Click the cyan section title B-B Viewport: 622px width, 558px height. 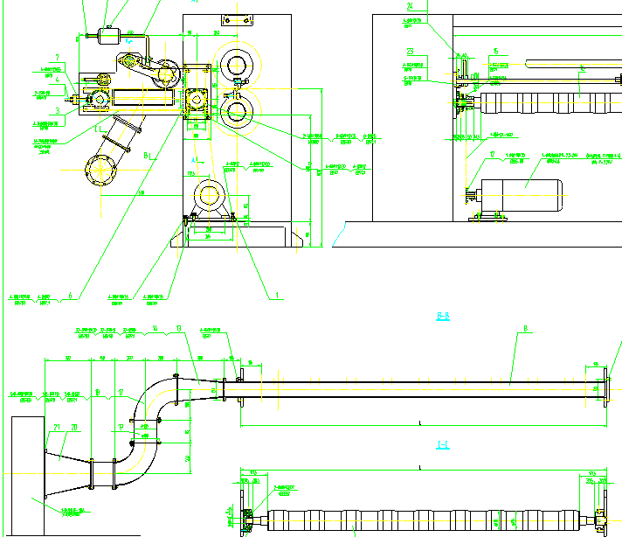point(443,317)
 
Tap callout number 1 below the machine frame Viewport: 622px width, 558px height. point(279,296)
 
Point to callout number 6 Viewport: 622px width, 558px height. point(70,296)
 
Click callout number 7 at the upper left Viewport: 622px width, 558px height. point(57,58)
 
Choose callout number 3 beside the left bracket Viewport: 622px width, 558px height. point(57,111)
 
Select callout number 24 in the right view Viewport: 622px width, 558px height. point(410,7)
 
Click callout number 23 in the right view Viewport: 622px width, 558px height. point(411,50)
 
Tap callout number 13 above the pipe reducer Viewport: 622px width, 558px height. point(178,329)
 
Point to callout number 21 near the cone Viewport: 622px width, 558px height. point(58,427)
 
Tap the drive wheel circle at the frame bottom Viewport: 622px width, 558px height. point(210,195)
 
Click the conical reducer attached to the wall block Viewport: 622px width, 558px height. point(68,463)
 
